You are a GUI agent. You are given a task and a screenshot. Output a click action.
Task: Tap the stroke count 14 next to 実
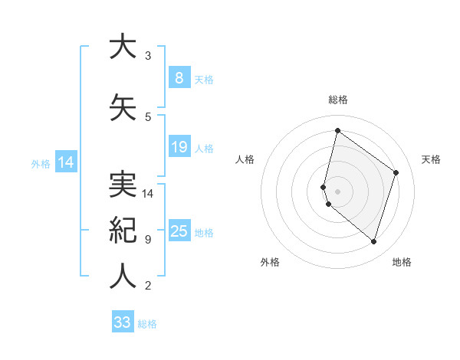click(149, 193)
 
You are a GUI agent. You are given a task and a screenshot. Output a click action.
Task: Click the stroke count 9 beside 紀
click(147, 239)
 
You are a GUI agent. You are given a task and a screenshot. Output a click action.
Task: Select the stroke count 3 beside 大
click(147, 56)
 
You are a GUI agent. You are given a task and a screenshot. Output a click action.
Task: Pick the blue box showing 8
click(179, 78)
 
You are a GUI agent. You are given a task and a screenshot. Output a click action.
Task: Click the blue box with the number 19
click(179, 147)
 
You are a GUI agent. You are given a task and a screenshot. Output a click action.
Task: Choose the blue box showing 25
click(179, 231)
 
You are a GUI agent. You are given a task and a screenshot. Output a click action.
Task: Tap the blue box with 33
click(123, 322)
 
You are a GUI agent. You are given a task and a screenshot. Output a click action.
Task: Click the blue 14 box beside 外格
click(65, 162)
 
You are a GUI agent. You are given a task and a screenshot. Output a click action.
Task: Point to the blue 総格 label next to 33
click(147, 324)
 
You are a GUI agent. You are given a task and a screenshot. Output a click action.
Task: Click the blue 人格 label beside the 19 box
click(204, 149)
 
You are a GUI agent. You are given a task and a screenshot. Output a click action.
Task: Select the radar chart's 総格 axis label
click(338, 100)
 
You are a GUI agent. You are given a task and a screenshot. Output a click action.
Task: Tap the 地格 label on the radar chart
click(402, 262)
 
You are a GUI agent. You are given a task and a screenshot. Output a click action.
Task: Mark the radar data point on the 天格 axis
click(396, 172)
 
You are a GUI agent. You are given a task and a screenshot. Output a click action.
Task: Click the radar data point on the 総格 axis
click(337, 130)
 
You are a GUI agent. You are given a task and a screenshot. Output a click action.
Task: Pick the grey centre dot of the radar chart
click(338, 191)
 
